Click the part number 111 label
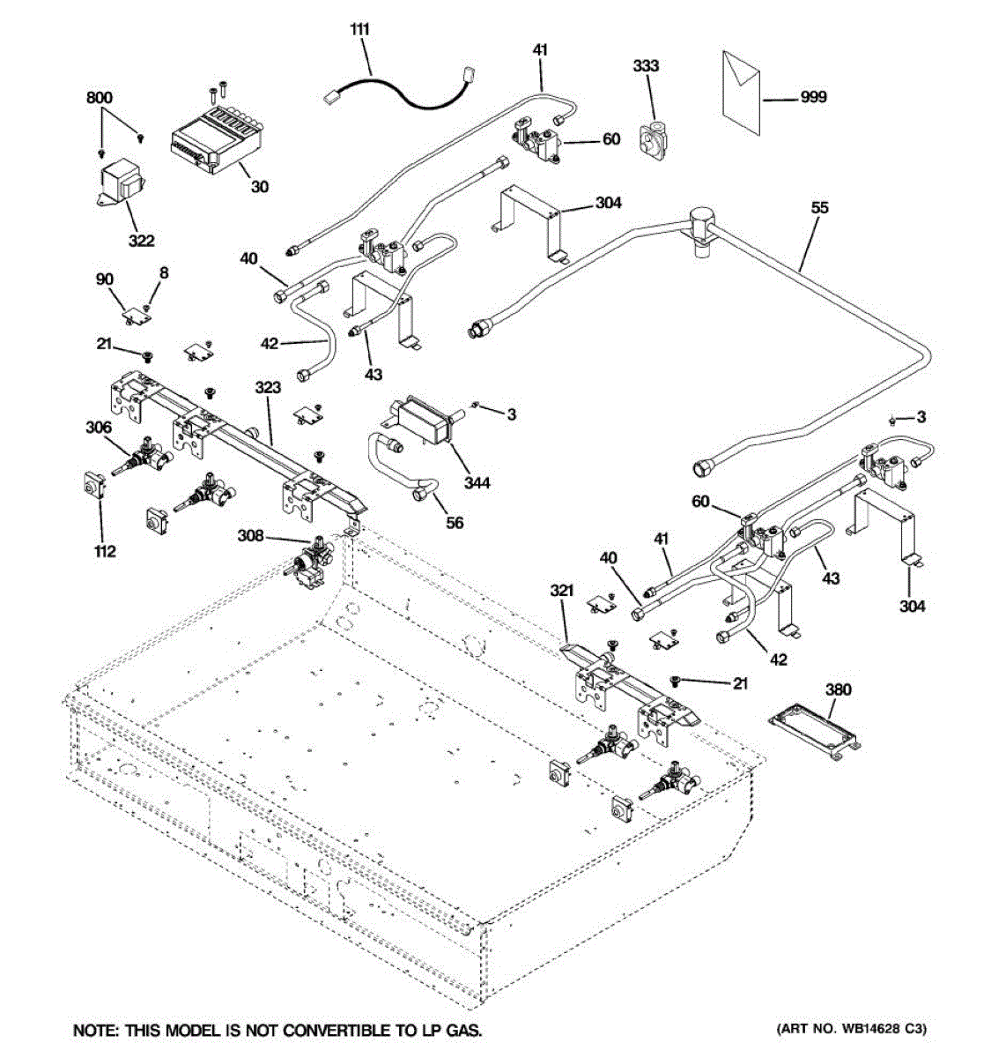click(x=359, y=31)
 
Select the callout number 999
click(x=812, y=97)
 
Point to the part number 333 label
click(x=646, y=66)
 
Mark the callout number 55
click(x=820, y=209)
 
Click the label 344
click(x=477, y=482)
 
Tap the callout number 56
click(x=454, y=523)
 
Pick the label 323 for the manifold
click(x=268, y=387)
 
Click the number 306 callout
click(x=99, y=427)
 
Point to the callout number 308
click(x=255, y=535)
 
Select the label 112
click(x=104, y=552)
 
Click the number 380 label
click(x=838, y=689)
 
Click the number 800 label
click(x=100, y=98)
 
